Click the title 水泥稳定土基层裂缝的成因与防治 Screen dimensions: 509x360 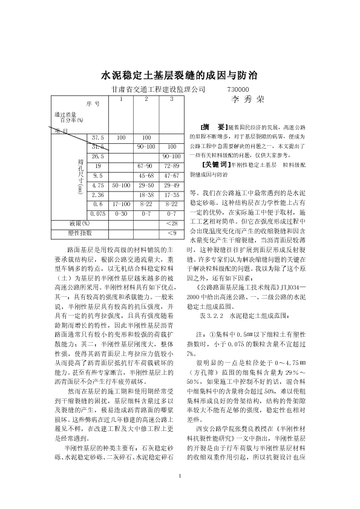(180, 76)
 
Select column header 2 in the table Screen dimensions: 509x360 (146, 99)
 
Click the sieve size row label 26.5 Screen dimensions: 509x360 (98, 156)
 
